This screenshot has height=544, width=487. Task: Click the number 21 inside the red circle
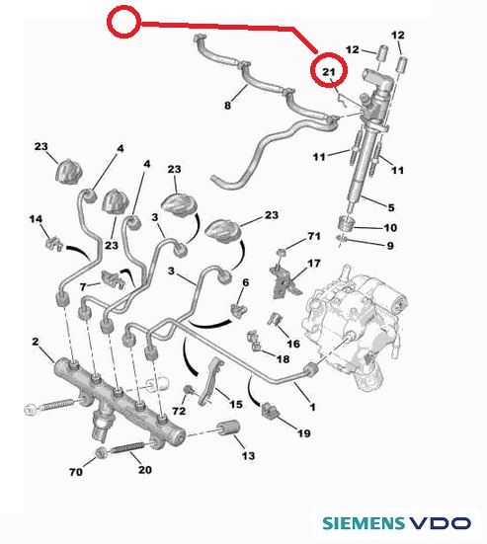click(328, 71)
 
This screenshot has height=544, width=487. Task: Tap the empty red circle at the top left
click(123, 22)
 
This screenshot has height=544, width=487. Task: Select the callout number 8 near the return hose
click(228, 105)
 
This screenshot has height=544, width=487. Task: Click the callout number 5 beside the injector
click(391, 207)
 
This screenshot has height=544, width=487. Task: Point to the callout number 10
click(390, 228)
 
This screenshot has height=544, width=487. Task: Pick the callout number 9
click(390, 246)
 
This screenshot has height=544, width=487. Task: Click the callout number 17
click(314, 264)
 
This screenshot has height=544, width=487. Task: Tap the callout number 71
click(314, 236)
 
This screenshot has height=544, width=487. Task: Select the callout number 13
click(249, 455)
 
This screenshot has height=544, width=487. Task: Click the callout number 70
click(76, 472)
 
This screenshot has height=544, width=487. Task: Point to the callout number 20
click(145, 469)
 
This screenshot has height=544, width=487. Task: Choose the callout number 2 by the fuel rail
click(36, 342)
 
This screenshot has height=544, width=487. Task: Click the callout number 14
click(36, 219)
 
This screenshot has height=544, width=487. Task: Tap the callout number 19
click(303, 433)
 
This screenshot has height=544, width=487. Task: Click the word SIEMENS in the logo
click(364, 523)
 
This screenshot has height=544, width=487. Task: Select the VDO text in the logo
click(441, 523)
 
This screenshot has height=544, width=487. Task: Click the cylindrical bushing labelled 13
click(229, 427)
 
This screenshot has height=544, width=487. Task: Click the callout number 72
click(179, 411)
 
